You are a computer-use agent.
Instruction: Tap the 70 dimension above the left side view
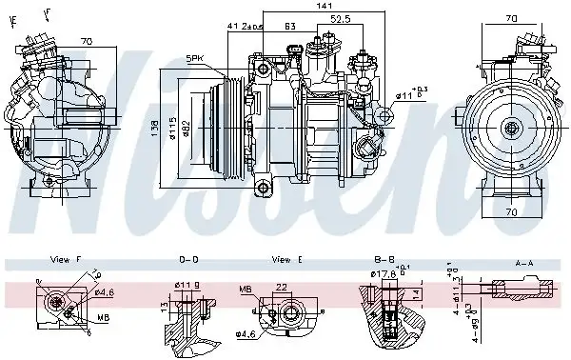(x=86, y=42)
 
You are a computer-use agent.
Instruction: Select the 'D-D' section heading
(x=188, y=259)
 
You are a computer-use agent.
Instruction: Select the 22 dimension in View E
(x=281, y=288)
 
